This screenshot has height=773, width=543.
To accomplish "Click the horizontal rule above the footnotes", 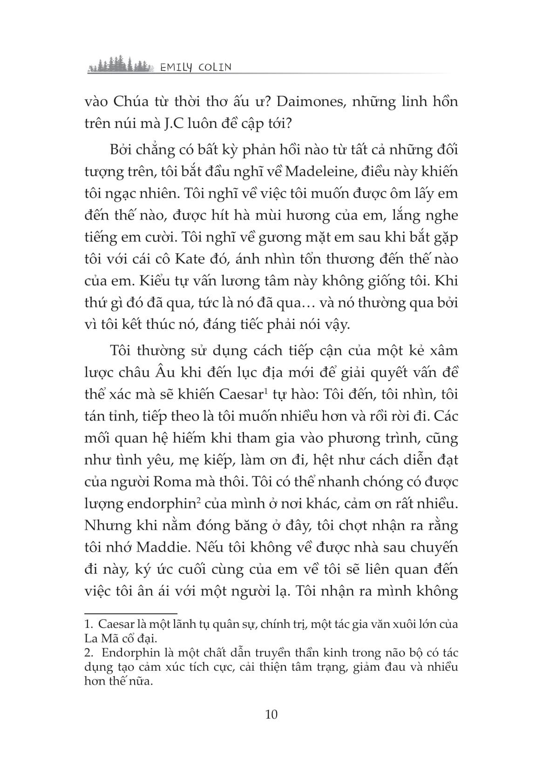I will click(131, 613).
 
